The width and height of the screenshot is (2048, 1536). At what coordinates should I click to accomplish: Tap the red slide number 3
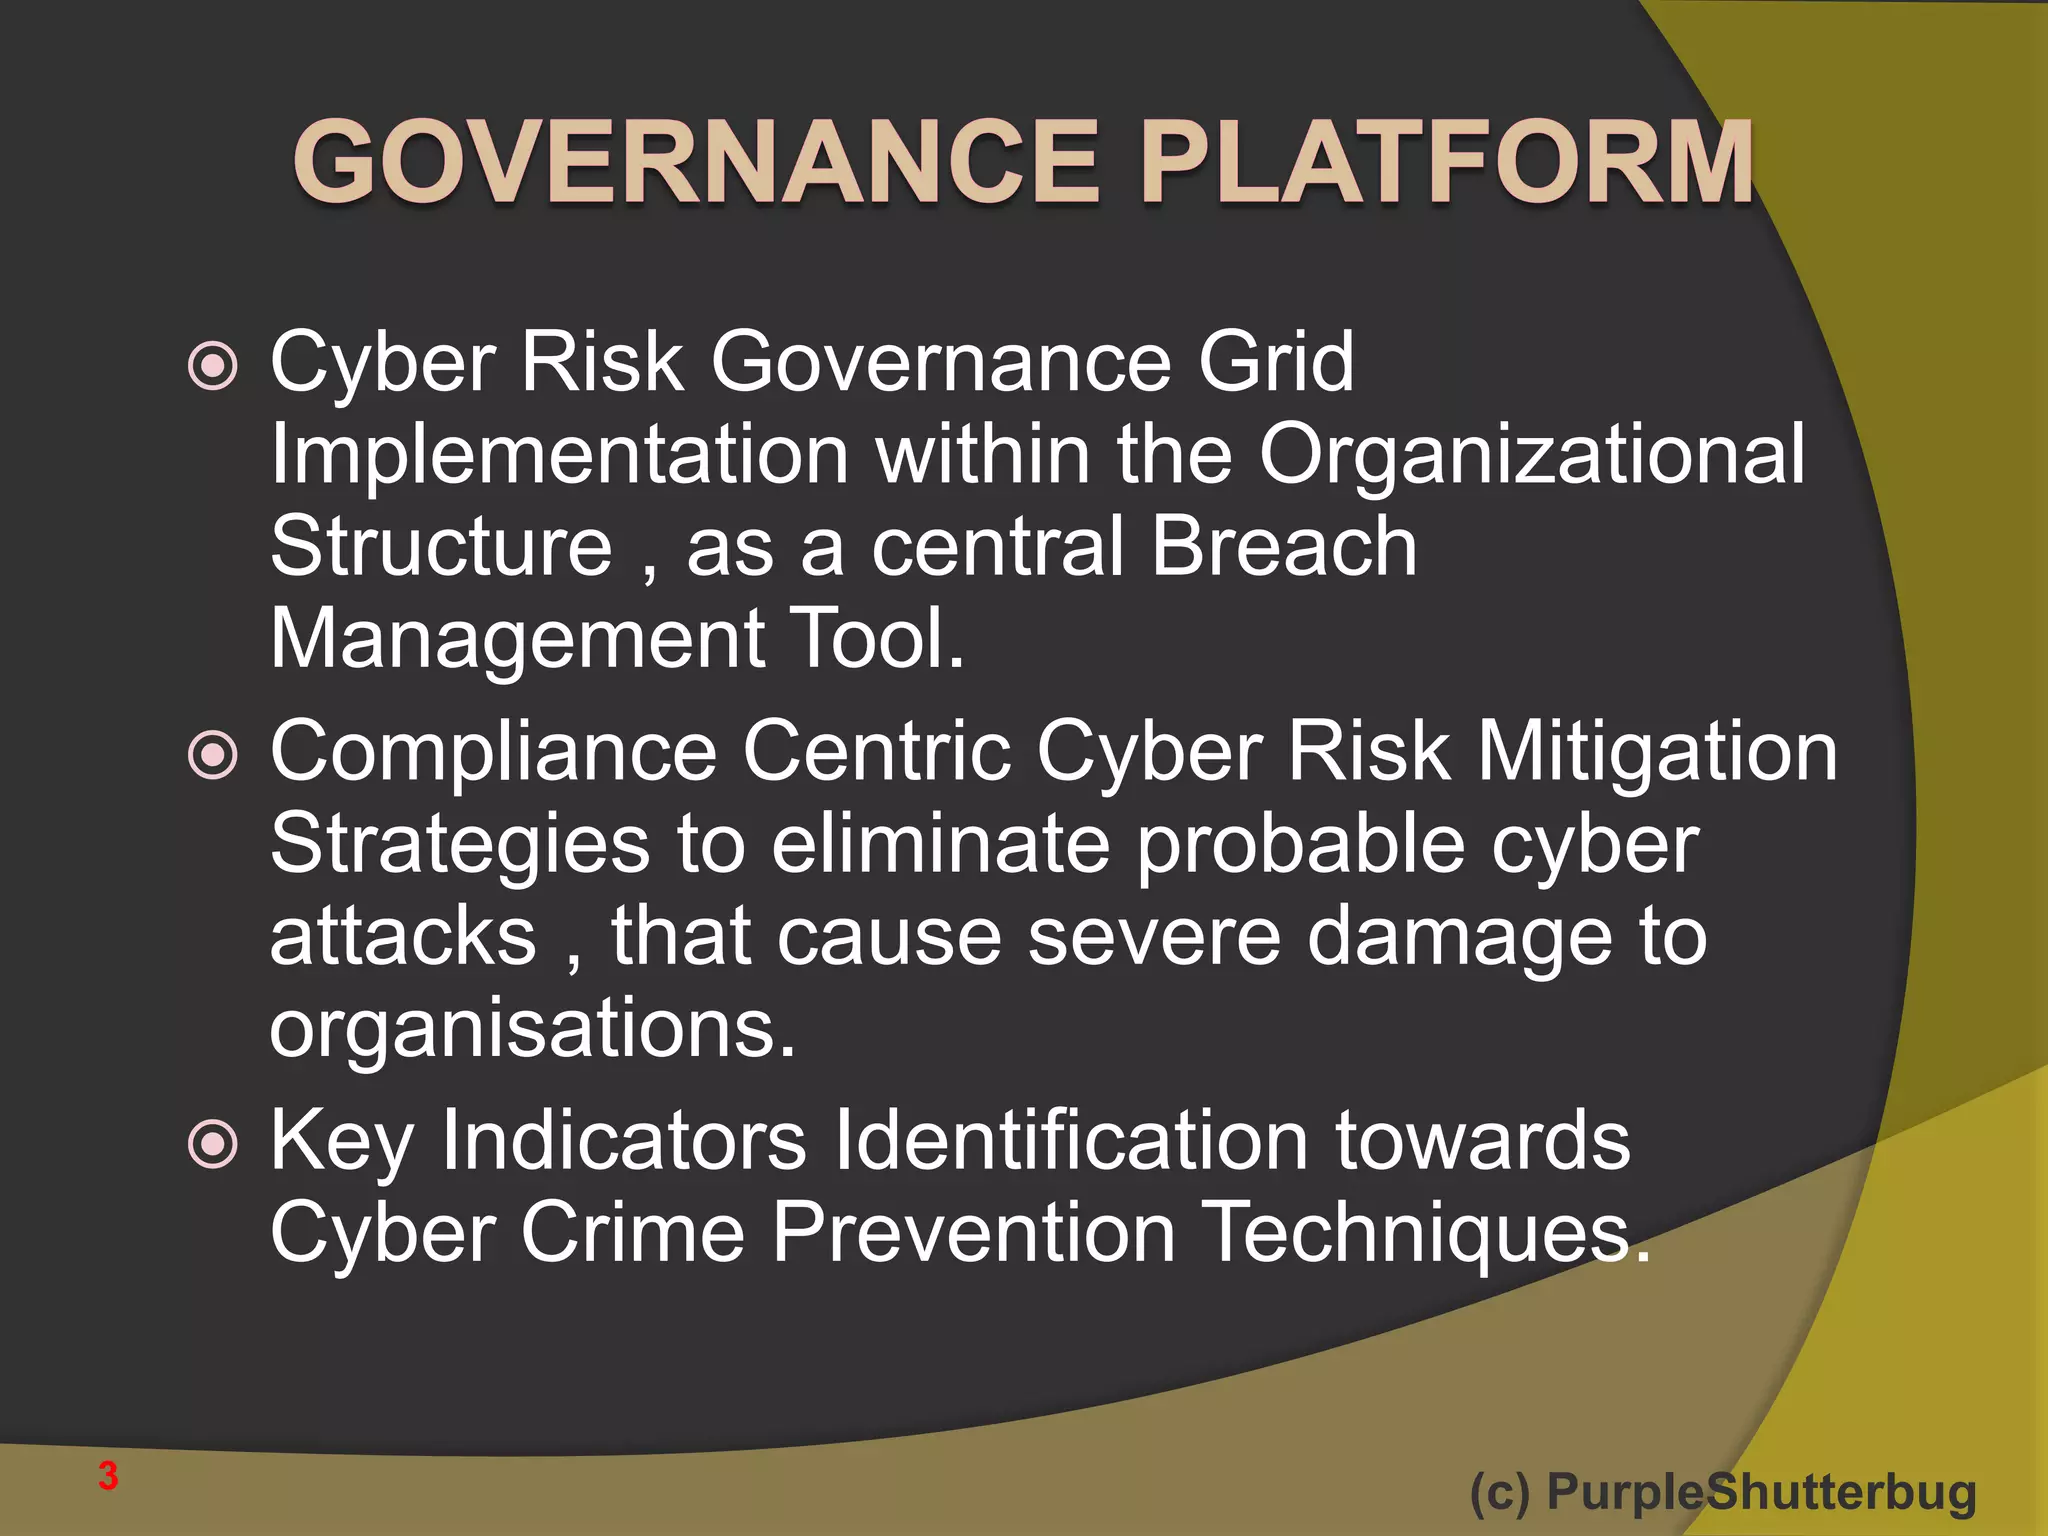pos(108,1476)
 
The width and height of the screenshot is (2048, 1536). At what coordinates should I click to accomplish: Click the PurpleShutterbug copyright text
pos(1722,1492)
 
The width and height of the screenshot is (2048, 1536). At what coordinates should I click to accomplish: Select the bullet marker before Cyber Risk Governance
pos(213,366)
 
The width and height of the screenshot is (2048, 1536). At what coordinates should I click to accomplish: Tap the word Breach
pos(1283,547)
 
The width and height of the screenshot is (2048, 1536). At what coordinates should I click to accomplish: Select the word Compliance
pos(494,752)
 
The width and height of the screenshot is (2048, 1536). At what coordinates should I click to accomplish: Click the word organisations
pos(532,1030)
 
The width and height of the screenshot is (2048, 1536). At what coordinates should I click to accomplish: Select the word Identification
pos(1070,1141)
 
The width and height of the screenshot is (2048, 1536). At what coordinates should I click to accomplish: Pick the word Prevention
pos(974,1233)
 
